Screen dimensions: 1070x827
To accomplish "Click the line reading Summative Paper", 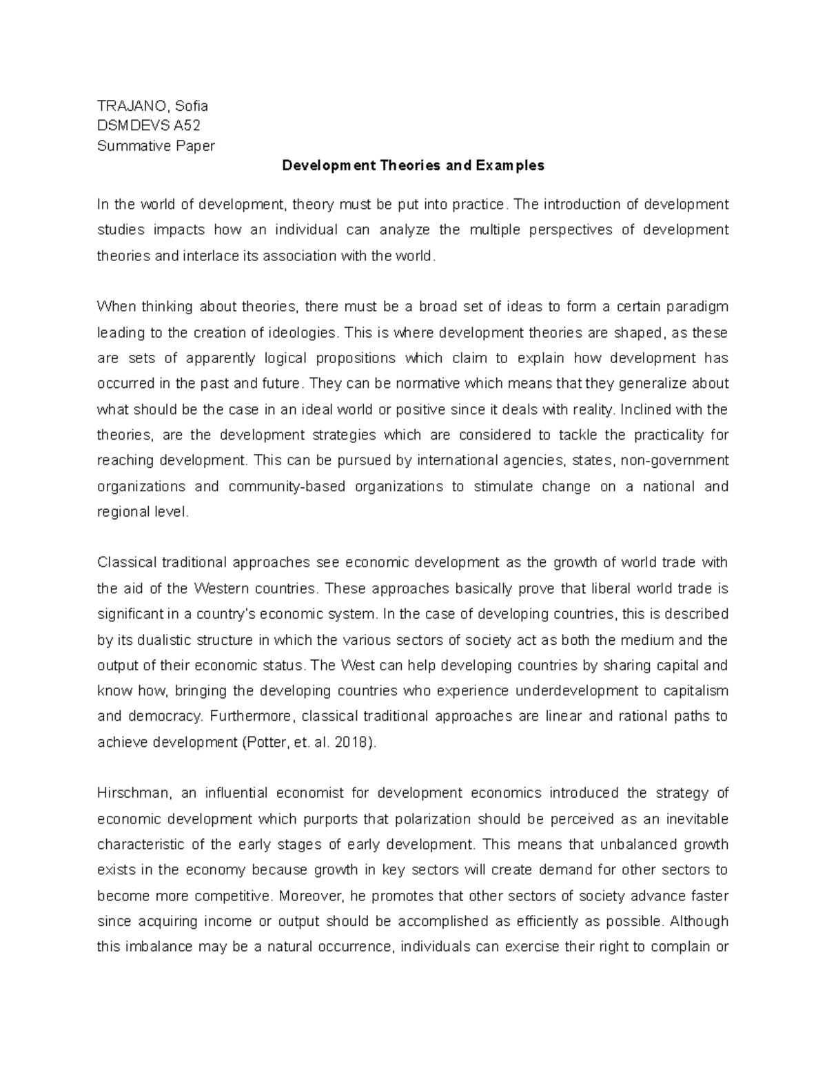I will coord(156,145).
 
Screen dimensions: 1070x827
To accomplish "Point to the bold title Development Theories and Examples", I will coord(413,165).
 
